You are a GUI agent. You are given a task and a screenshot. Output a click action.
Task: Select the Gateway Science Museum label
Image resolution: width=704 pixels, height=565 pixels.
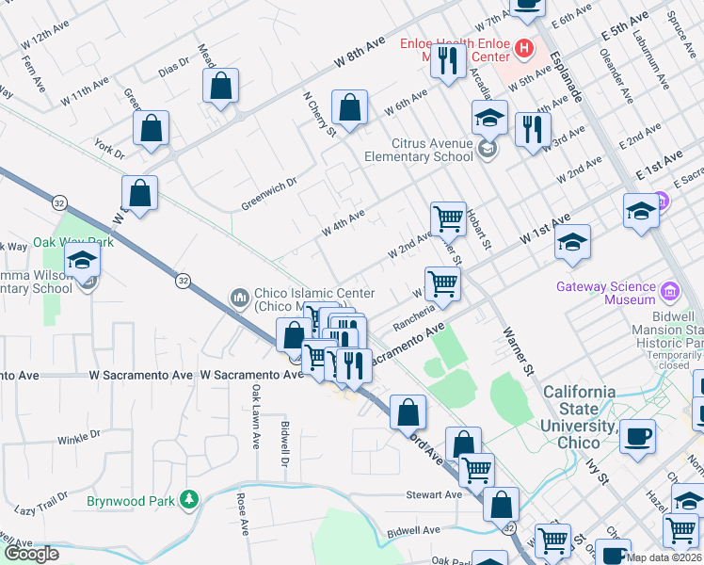click(x=605, y=293)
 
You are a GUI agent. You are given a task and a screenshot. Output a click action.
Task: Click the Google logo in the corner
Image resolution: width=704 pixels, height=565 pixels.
click(x=31, y=554)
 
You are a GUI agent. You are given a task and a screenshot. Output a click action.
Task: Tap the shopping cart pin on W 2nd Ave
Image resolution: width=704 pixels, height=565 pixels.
click(x=448, y=218)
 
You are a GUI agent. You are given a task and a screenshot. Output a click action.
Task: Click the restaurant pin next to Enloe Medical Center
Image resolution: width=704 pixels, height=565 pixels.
click(x=448, y=61)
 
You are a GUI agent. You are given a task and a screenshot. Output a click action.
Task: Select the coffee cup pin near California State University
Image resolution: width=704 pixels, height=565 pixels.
click(x=638, y=437)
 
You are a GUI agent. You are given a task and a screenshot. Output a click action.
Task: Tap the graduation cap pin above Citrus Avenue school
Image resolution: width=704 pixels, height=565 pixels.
click(x=489, y=119)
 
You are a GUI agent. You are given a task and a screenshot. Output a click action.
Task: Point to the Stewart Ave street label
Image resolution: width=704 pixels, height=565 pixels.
click(x=434, y=494)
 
